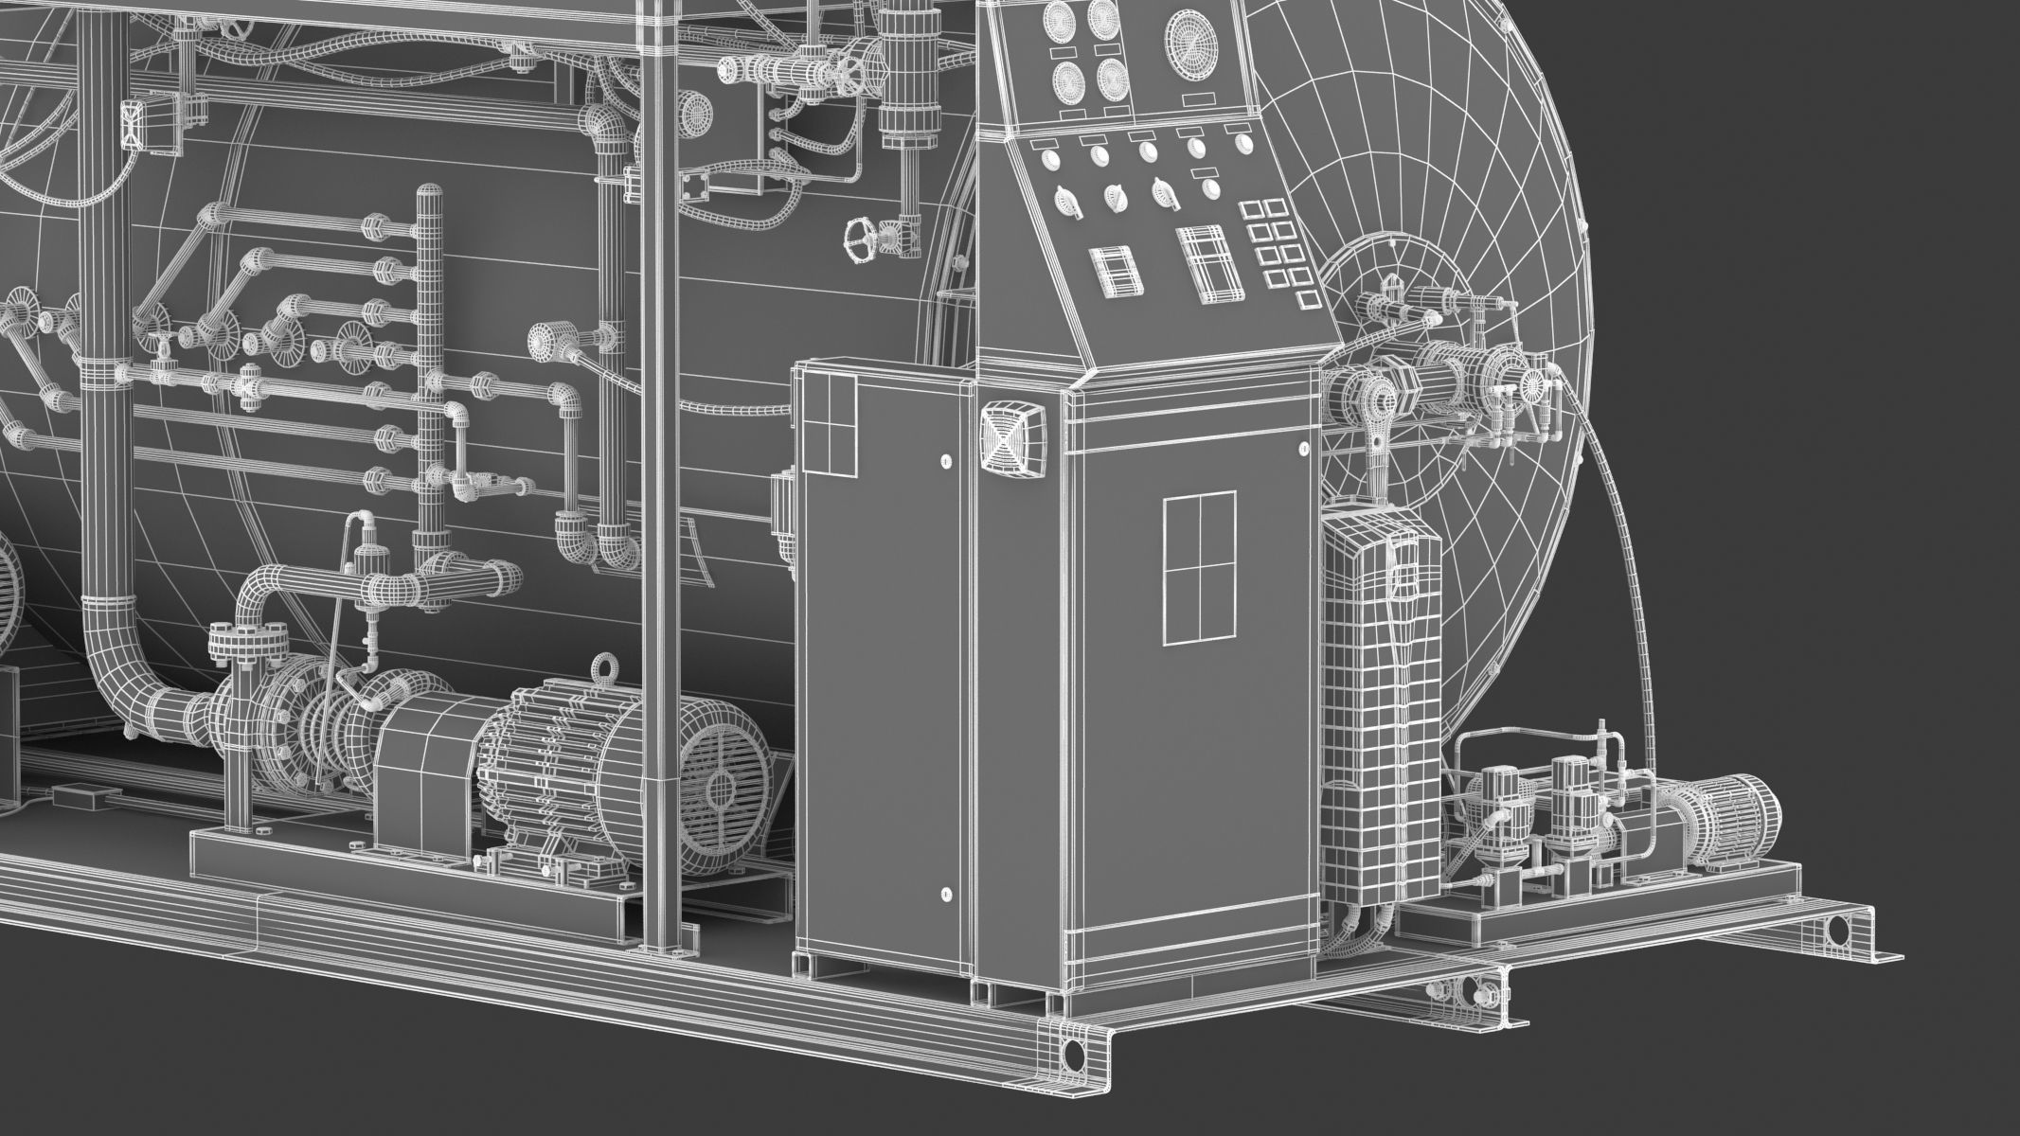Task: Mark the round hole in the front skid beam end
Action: (x=1074, y=1052)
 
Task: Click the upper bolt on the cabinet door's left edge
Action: (x=945, y=462)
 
